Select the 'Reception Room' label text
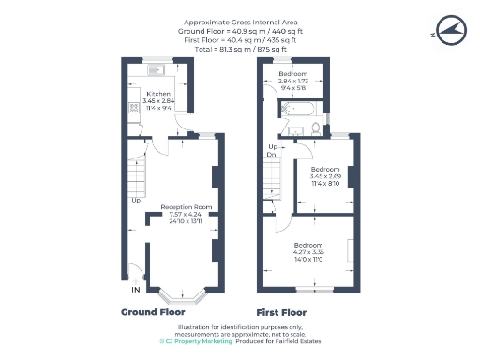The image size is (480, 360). click(x=186, y=206)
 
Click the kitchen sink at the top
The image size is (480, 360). click(x=157, y=68)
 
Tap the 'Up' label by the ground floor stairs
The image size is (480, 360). click(x=136, y=200)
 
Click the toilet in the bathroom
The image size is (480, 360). click(x=318, y=128)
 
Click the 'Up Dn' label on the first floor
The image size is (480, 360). click(x=273, y=151)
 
